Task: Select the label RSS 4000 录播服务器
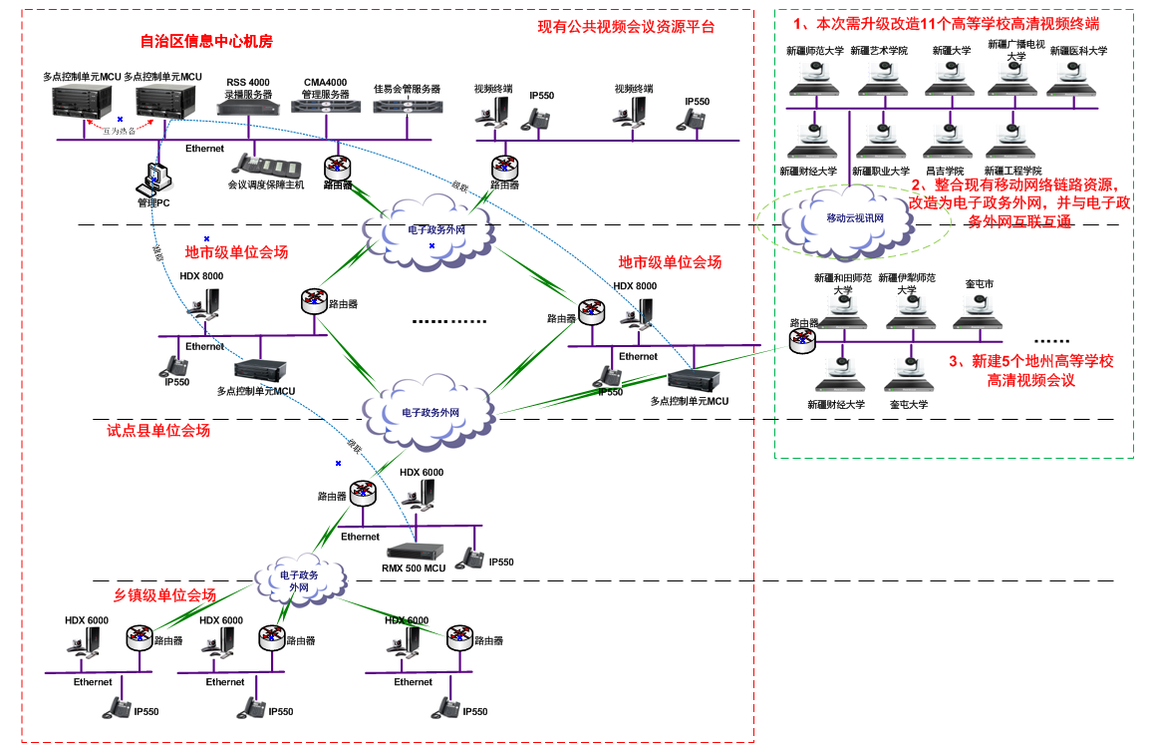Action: coord(247,88)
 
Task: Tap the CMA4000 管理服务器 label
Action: coord(326,88)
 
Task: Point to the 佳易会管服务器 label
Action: coord(407,89)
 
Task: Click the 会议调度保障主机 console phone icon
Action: coord(260,164)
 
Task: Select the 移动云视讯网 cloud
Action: coord(854,218)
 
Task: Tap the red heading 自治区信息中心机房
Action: coord(206,42)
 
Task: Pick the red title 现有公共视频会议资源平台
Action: coord(626,27)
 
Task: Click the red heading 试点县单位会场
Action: coord(158,431)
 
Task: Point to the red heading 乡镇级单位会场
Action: coord(163,594)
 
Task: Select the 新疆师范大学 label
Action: coord(814,51)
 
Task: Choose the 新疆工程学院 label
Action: coord(1012,171)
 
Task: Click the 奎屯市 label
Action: coord(979,284)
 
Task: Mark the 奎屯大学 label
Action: coord(908,405)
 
